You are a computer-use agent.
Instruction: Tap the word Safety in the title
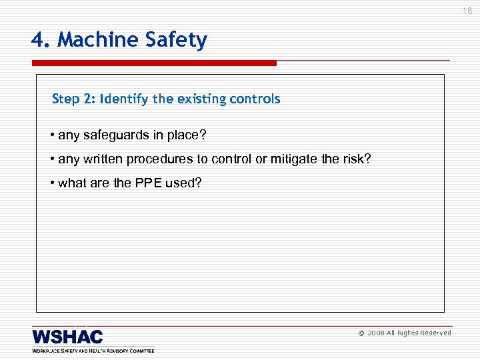point(178,41)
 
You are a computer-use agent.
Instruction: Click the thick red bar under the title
point(153,63)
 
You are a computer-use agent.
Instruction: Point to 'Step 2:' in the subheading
point(74,99)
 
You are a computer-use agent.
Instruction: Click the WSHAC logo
point(67,337)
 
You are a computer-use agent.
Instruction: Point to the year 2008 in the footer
point(375,333)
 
